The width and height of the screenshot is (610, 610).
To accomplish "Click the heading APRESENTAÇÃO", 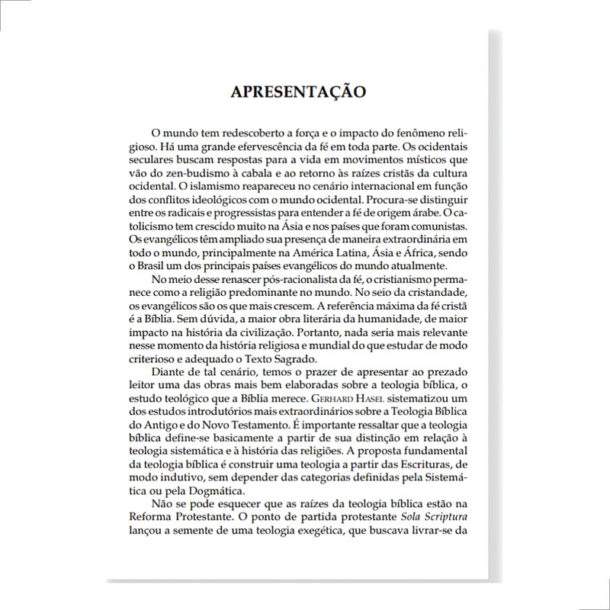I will pos(298,91).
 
